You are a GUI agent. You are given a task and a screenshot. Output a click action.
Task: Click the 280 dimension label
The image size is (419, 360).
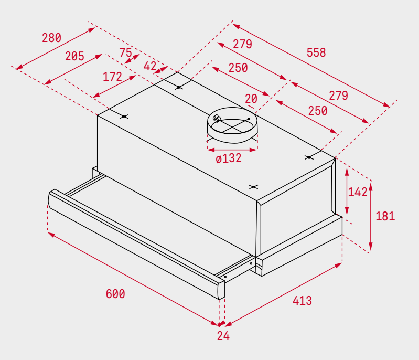[51, 38]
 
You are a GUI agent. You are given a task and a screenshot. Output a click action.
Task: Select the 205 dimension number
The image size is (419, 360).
[74, 56]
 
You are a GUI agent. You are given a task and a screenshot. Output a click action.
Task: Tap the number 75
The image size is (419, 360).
[125, 52]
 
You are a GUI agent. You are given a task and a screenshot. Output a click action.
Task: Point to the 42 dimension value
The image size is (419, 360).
[149, 66]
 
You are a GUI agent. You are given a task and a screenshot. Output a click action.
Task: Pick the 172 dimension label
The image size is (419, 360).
[112, 77]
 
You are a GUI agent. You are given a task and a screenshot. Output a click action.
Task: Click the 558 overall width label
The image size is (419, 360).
[316, 52]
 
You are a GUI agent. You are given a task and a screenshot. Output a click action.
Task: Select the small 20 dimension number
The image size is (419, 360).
[251, 99]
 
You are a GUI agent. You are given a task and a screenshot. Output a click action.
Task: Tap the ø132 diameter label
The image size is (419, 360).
[229, 158]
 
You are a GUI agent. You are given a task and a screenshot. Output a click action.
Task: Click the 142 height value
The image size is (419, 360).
[358, 192]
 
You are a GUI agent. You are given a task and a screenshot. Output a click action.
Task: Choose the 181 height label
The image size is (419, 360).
[385, 216]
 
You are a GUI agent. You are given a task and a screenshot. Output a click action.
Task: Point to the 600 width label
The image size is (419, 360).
[115, 294]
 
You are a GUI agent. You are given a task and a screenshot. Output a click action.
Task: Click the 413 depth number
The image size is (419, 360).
[302, 301]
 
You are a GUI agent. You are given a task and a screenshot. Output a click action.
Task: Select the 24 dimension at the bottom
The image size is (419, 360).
[223, 336]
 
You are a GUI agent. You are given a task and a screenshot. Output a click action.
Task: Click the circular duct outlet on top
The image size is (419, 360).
[232, 125]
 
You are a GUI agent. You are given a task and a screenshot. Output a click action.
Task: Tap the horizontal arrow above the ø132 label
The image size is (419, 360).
[232, 150]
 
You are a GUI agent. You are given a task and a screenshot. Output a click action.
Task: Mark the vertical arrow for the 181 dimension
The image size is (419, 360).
[371, 216]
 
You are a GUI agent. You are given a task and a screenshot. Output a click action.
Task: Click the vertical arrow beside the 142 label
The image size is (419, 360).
[347, 191]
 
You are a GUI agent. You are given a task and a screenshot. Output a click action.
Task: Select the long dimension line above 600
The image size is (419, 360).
[133, 279]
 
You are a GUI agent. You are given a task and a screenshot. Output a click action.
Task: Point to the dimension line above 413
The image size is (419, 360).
[284, 295]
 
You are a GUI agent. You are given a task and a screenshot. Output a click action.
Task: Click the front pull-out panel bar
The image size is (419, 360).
[136, 244]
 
